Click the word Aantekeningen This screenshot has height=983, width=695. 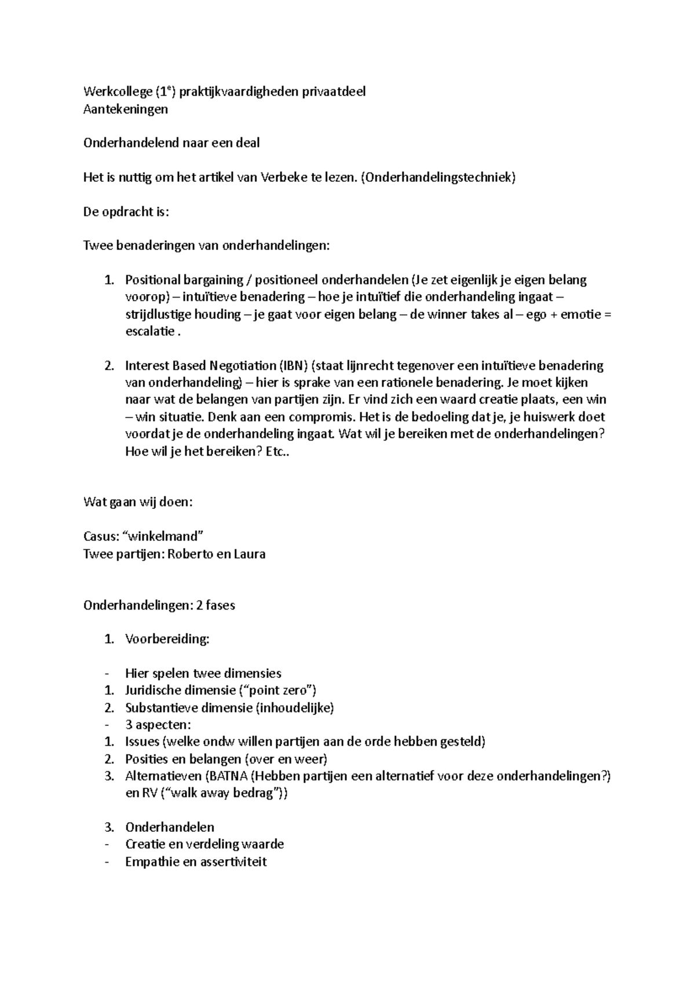126,109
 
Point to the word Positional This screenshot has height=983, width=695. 152,280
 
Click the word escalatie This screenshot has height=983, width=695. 149,332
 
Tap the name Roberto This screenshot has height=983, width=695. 190,554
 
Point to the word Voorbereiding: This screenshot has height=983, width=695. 167,639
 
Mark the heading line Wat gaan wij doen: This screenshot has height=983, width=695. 138,502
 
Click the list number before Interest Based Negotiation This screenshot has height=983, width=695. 109,366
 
